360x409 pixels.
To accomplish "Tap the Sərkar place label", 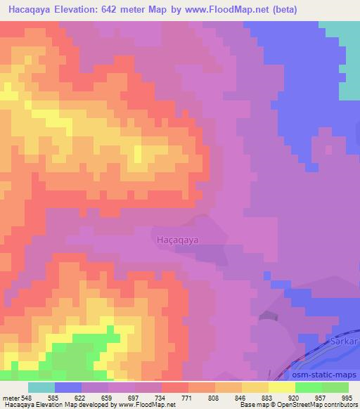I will coord(342,339).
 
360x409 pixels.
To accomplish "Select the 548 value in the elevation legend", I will coord(27,398).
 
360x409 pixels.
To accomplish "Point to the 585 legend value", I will coord(53,398).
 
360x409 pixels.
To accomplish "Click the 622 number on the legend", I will coord(81,398).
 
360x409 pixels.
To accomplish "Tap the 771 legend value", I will coord(188,398).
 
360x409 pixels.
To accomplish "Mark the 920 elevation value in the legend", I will coord(295,398).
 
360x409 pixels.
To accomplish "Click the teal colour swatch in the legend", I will coord(41,387).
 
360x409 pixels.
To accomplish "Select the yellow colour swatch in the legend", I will coord(282,387).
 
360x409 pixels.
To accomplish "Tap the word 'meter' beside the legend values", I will coord(10,398).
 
